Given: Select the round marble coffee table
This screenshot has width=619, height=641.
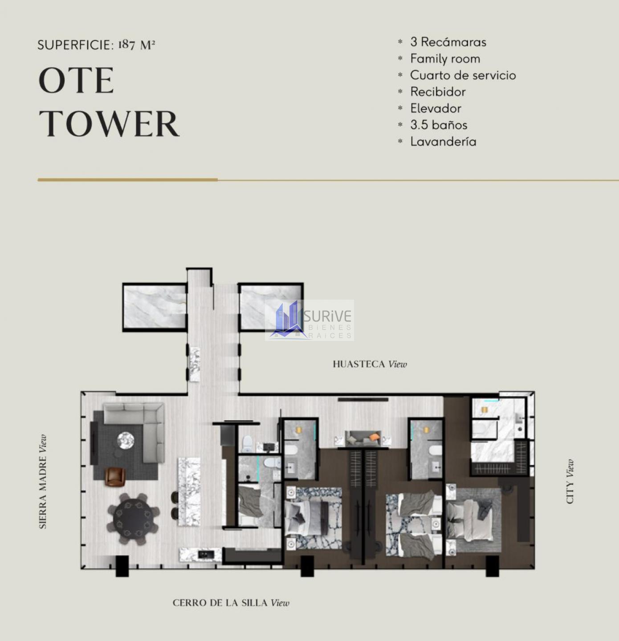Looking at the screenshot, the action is [126, 441].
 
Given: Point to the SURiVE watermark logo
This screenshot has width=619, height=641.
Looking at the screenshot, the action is [309, 320].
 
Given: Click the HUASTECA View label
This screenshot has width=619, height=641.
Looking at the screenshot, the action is [370, 364].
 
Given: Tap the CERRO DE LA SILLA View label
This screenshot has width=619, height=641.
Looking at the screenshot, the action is [231, 603].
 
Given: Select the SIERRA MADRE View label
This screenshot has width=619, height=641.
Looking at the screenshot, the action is [43, 482].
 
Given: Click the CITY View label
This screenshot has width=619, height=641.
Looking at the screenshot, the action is [570, 482].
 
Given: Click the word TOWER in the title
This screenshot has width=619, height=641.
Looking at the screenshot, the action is [109, 124].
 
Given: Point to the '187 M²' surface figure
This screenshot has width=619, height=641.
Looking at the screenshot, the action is [137, 45].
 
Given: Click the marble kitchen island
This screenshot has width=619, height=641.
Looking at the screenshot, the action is [189, 491].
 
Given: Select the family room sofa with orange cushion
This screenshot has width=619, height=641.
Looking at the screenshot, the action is [363, 439].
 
